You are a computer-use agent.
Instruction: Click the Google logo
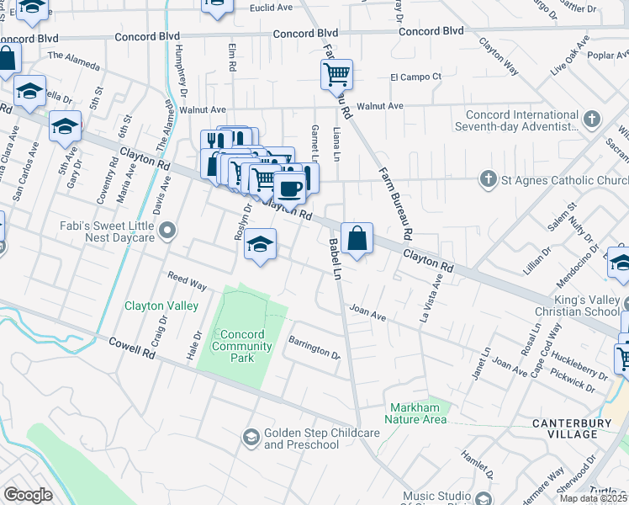(28, 495)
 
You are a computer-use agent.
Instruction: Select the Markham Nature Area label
(416, 413)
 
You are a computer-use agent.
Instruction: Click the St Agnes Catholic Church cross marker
(486, 180)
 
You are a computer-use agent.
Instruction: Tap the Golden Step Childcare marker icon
(251, 437)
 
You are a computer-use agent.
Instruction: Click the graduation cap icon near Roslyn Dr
(261, 245)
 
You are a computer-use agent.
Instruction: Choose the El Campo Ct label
(415, 77)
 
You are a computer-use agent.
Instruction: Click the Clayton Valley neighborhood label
(161, 306)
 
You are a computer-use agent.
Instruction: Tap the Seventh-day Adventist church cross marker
(592, 120)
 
